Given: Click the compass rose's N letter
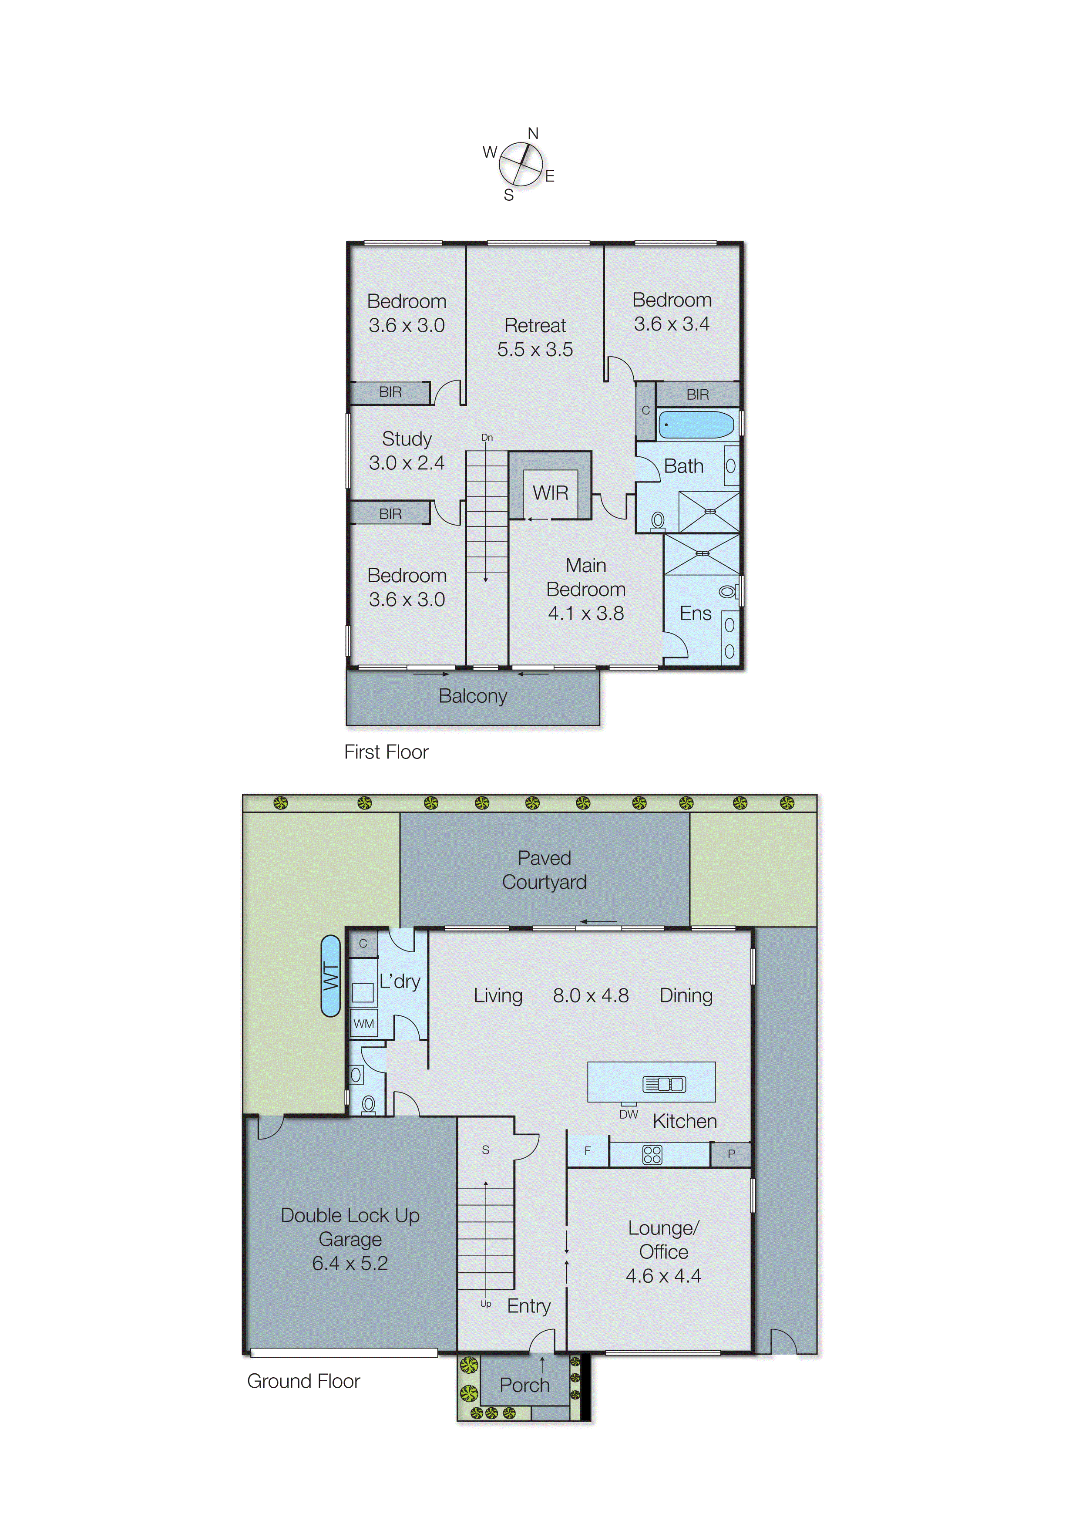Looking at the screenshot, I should [533, 134].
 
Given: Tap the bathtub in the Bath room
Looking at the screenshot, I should [696, 425].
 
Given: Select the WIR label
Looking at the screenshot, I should [550, 493].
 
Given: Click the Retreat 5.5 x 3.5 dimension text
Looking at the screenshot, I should [535, 350].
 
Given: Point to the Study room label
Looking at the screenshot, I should [407, 439].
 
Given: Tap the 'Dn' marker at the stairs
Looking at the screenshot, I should [487, 437].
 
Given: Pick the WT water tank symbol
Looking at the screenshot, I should [330, 976].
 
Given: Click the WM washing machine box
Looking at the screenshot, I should [363, 1024].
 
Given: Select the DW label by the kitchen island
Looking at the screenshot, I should [629, 1115].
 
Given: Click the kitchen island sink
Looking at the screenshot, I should [664, 1085].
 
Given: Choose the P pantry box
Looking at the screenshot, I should [731, 1154].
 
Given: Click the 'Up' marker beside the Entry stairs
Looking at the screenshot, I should [486, 1304].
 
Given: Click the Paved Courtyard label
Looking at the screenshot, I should [544, 870].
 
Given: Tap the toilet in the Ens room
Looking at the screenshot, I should [727, 591].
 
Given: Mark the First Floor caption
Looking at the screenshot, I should [386, 752].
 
